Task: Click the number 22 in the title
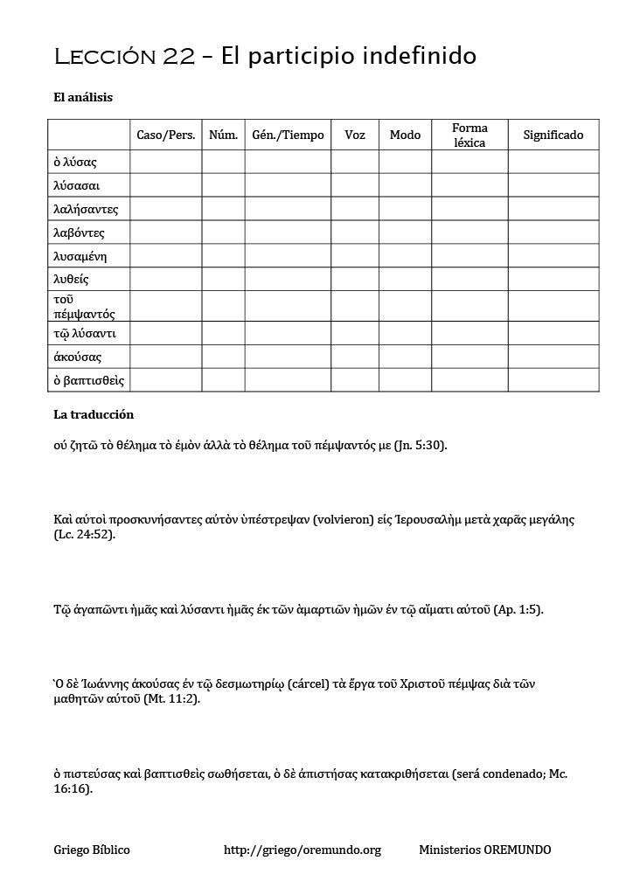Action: tap(180, 58)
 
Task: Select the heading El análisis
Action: tap(83, 98)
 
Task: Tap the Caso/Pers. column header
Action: tap(166, 135)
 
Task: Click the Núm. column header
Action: tap(224, 135)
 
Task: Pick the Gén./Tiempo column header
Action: tap(288, 135)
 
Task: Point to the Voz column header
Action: tap(355, 135)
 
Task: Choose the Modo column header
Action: tap(405, 135)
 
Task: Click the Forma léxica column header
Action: tap(470, 135)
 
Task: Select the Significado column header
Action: tap(553, 135)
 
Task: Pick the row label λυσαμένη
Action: tap(80, 256)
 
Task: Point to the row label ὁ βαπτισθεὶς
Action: tap(88, 380)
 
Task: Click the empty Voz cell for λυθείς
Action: tap(355, 280)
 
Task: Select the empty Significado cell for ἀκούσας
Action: tap(553, 357)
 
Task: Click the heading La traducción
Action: tap(94, 414)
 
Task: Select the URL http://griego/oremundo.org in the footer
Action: tap(303, 850)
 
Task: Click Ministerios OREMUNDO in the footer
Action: tap(484, 850)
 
